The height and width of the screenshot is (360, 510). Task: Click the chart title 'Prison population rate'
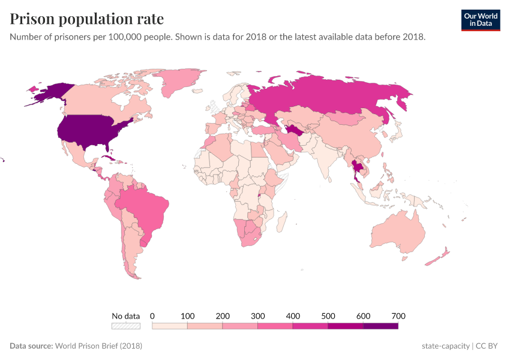[x=86, y=19]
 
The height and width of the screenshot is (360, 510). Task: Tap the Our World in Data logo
[x=480, y=20]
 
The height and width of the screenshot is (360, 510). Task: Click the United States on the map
[x=90, y=129]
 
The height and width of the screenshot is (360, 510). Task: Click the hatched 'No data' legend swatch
[x=125, y=326]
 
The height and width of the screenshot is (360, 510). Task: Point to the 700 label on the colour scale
[x=398, y=316]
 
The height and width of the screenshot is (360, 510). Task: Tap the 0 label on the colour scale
[x=152, y=316]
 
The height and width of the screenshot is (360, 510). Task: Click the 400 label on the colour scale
[x=293, y=316]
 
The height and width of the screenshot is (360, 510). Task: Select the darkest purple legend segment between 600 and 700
[x=380, y=326]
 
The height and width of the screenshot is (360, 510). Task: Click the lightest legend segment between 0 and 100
[x=170, y=326]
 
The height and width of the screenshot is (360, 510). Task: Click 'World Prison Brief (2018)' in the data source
[x=98, y=346]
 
